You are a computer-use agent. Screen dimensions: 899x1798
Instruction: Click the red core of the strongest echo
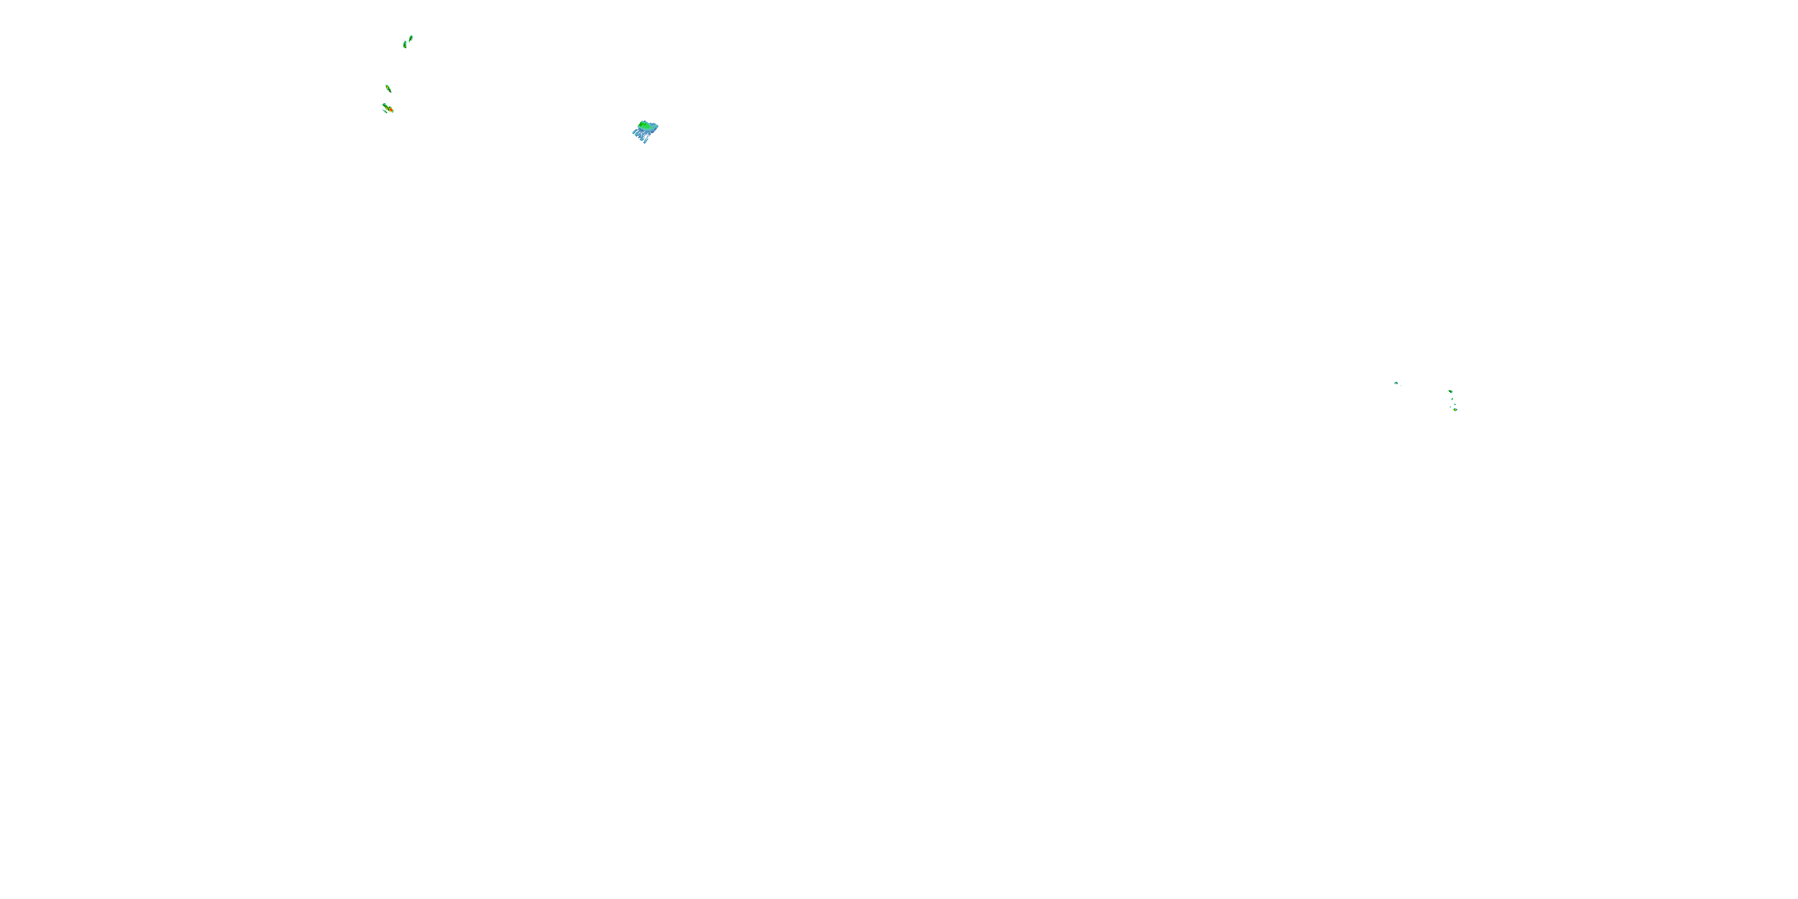click(391, 110)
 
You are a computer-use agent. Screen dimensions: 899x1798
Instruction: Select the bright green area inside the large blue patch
click(644, 126)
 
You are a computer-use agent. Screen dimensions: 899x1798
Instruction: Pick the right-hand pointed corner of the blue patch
click(658, 127)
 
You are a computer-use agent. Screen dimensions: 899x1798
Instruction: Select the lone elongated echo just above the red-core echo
click(388, 89)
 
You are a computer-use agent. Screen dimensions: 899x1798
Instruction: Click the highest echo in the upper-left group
click(411, 38)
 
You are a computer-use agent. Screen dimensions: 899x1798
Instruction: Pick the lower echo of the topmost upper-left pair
click(405, 45)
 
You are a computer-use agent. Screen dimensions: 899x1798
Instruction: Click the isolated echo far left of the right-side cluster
click(1396, 383)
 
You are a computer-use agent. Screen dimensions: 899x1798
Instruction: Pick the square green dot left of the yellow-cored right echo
click(1451, 408)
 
